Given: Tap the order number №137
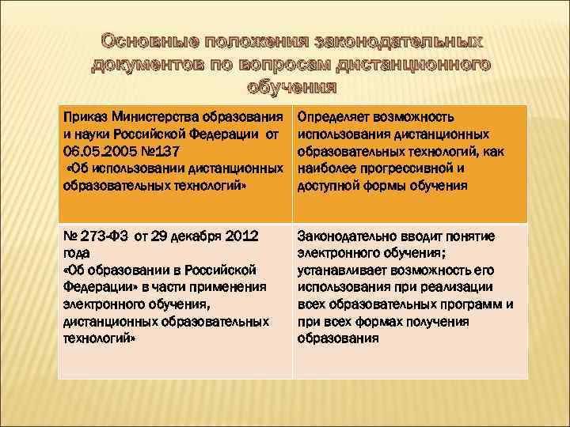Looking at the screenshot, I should click(x=163, y=153).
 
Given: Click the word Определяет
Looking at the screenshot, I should click(x=332, y=118).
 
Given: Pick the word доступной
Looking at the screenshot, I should click(x=328, y=187).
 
